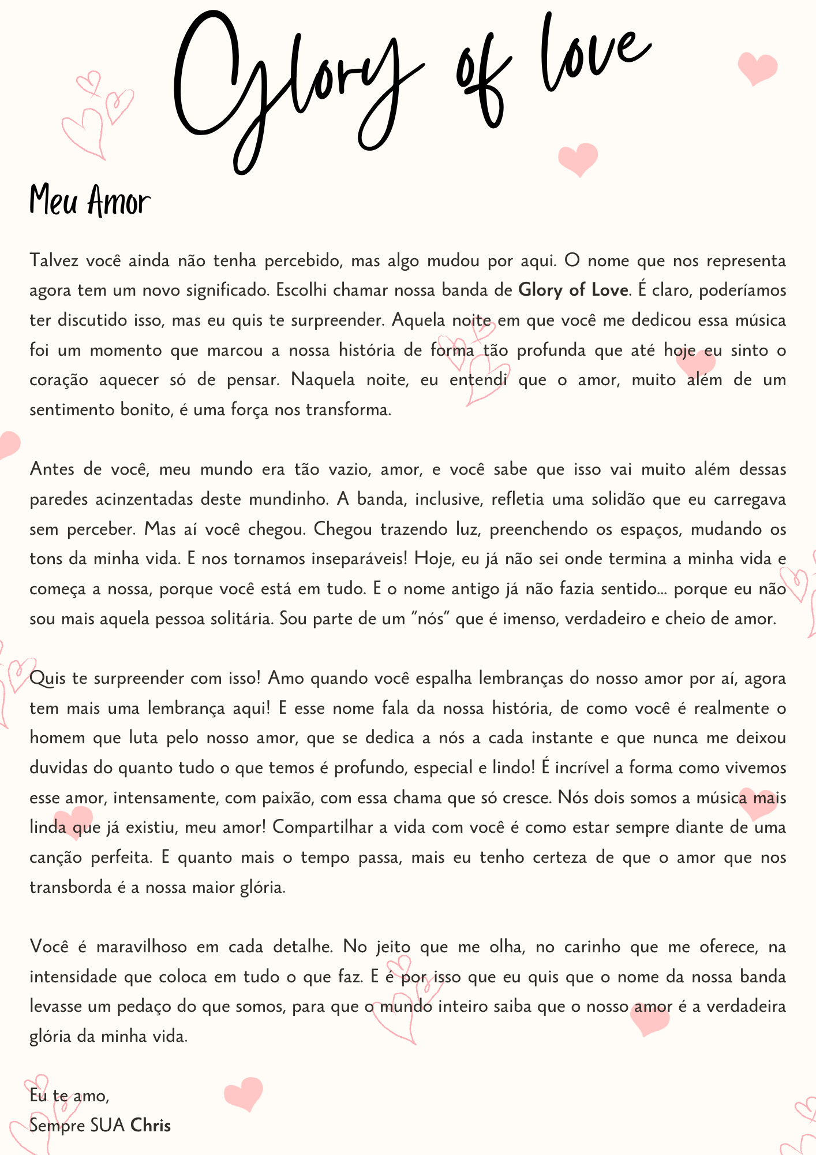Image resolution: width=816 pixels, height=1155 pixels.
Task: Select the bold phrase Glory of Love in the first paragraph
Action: [x=573, y=289]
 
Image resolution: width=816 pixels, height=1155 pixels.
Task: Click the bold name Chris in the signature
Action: [x=151, y=1126]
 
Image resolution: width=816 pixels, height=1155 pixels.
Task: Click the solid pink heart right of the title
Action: [x=758, y=68]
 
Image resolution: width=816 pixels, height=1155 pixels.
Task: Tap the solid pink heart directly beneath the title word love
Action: [x=578, y=158]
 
